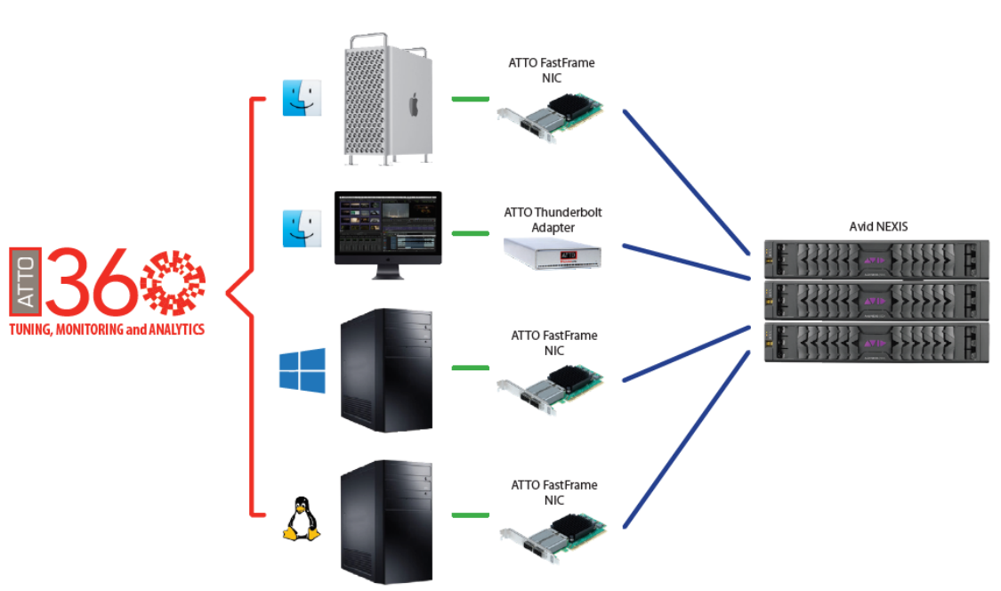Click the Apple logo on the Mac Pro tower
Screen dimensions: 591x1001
[x=413, y=104]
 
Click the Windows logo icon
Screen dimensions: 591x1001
[x=302, y=369]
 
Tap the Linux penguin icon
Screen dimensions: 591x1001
[x=301, y=519]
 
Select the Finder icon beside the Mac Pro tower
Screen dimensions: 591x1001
[x=302, y=98]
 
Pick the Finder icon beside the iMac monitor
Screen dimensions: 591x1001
[x=302, y=229]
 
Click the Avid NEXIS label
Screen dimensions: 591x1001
[x=876, y=227]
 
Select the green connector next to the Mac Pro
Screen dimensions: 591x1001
[x=470, y=99]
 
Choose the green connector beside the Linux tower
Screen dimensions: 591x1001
[x=470, y=514]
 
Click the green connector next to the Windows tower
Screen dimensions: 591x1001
[x=470, y=367]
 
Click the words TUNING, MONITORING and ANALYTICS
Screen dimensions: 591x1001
[x=107, y=329]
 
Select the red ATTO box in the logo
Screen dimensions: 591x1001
[x=26, y=281]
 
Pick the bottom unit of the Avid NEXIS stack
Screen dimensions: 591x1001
[x=876, y=343]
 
